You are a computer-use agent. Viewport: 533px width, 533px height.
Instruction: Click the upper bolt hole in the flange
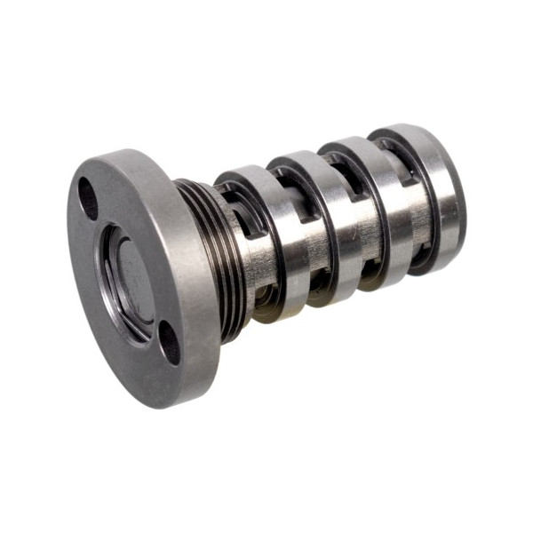87,199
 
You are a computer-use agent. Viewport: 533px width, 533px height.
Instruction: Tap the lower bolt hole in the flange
169,342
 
